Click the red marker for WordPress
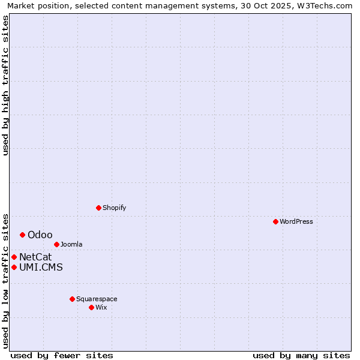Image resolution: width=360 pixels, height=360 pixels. pos(275,221)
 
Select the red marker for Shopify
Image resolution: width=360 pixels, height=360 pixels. pos(98,208)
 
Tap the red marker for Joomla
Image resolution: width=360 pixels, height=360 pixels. pos(56,244)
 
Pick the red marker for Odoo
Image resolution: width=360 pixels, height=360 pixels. pos(22,235)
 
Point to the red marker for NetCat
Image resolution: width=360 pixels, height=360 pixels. pos(14,257)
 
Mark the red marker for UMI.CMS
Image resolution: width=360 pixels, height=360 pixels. pos(14,267)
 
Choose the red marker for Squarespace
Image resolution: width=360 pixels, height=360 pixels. pos(72,299)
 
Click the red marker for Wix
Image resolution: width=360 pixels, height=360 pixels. pos(91,307)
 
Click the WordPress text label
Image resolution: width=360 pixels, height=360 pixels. pos(296,221)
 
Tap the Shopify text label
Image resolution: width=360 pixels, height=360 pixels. pos(114,208)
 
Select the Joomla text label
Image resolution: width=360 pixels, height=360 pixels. pos(71,244)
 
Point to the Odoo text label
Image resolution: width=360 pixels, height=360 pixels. pos(40,235)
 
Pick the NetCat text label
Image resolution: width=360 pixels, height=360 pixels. pos(35,257)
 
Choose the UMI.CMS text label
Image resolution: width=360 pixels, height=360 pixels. pos(41,267)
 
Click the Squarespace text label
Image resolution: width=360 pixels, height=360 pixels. pos(97,299)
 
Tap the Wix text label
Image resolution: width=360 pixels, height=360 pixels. pos(101,307)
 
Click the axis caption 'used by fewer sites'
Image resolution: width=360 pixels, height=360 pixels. pos(62,355)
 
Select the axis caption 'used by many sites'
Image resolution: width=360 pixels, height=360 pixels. pos(301,355)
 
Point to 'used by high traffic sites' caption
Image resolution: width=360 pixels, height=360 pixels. pos(6,85)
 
